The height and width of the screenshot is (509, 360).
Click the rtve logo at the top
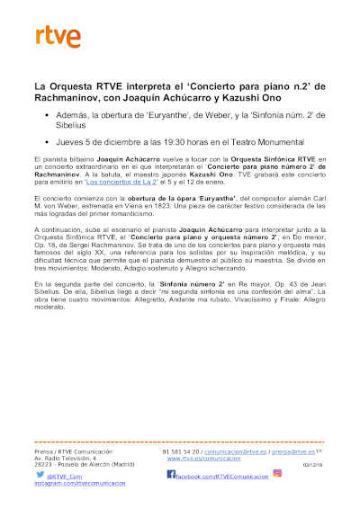pos(58,36)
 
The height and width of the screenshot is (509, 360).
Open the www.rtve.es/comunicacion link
pos(199,458)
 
